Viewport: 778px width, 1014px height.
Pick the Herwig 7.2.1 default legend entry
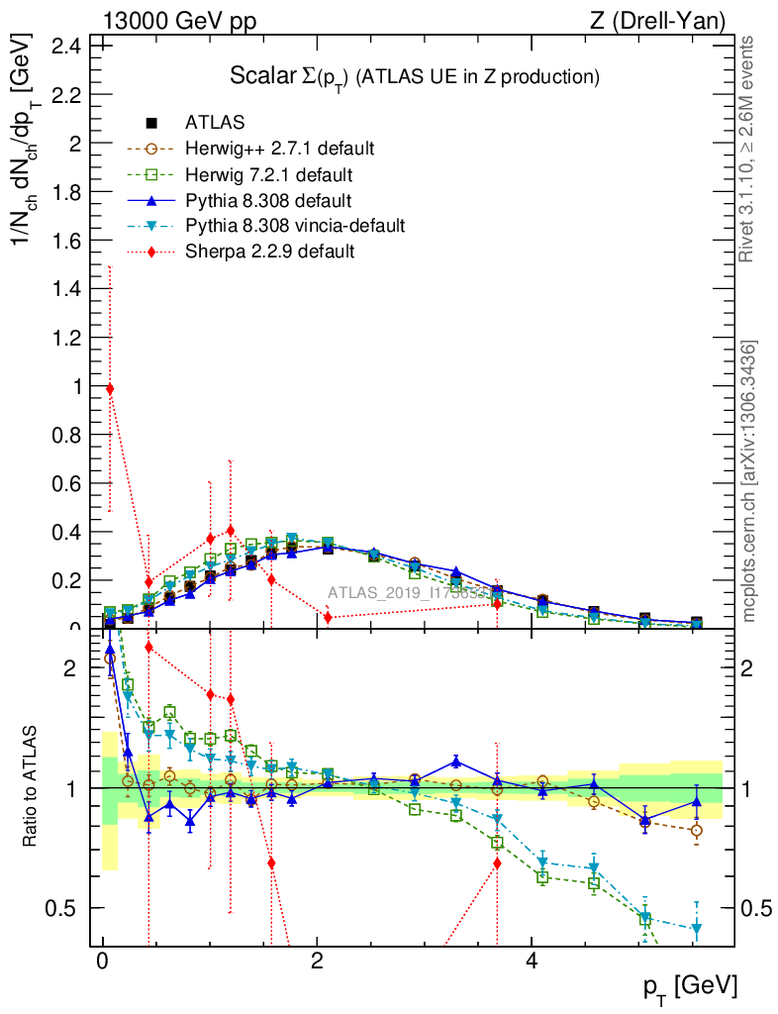(268, 175)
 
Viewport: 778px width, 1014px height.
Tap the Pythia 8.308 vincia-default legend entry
(295, 227)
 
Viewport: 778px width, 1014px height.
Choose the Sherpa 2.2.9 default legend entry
(269, 252)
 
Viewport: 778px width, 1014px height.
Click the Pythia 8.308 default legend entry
(268, 201)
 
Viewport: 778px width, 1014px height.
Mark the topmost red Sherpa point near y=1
(110, 389)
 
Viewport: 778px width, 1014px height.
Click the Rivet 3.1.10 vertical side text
(748, 149)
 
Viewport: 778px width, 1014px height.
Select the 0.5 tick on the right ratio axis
(755, 908)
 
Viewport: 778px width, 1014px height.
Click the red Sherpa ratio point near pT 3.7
(497, 863)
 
